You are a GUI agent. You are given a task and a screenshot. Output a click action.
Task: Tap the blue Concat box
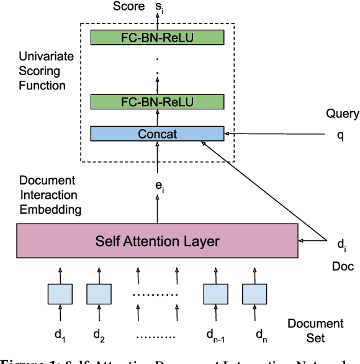pos(157,134)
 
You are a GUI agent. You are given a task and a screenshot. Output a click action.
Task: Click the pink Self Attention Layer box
pos(157,240)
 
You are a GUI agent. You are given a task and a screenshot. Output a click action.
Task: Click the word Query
pos(342,114)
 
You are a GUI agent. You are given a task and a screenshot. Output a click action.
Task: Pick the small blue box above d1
pos(60,294)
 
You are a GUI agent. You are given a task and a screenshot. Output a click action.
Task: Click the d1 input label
pos(60,335)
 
